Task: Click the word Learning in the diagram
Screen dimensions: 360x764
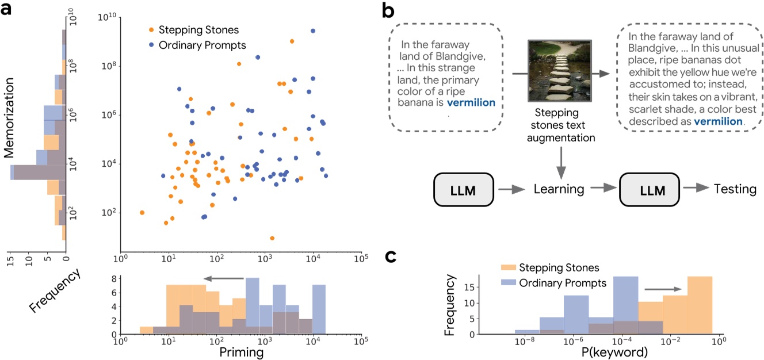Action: pyautogui.click(x=559, y=189)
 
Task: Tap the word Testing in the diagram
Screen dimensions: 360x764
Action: pyautogui.click(x=735, y=189)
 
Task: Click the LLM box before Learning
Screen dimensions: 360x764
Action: pyautogui.click(x=463, y=189)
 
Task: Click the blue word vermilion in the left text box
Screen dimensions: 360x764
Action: pyautogui.click(x=471, y=103)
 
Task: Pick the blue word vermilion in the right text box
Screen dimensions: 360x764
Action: pyautogui.click(x=718, y=122)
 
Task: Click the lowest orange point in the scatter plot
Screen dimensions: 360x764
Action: pyautogui.click(x=272, y=238)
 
